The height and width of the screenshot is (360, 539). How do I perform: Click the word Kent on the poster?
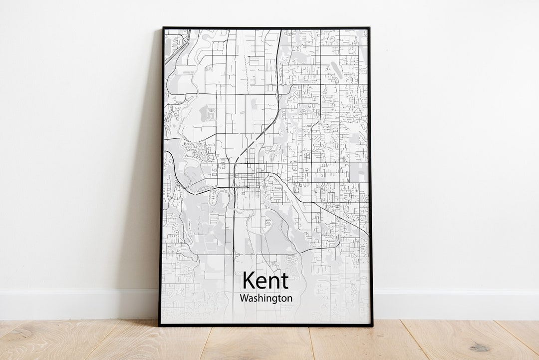[x=265, y=281]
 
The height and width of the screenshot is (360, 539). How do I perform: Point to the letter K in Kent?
[x=249, y=281]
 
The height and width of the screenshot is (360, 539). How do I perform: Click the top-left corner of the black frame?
[x=163, y=28]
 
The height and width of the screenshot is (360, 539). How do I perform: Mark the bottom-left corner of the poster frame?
[x=160, y=325]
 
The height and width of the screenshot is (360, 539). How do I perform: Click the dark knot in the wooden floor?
[x=480, y=348]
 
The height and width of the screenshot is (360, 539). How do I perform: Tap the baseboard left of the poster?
[x=75, y=304]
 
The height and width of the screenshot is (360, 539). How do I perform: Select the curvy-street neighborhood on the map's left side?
[x=200, y=150]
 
